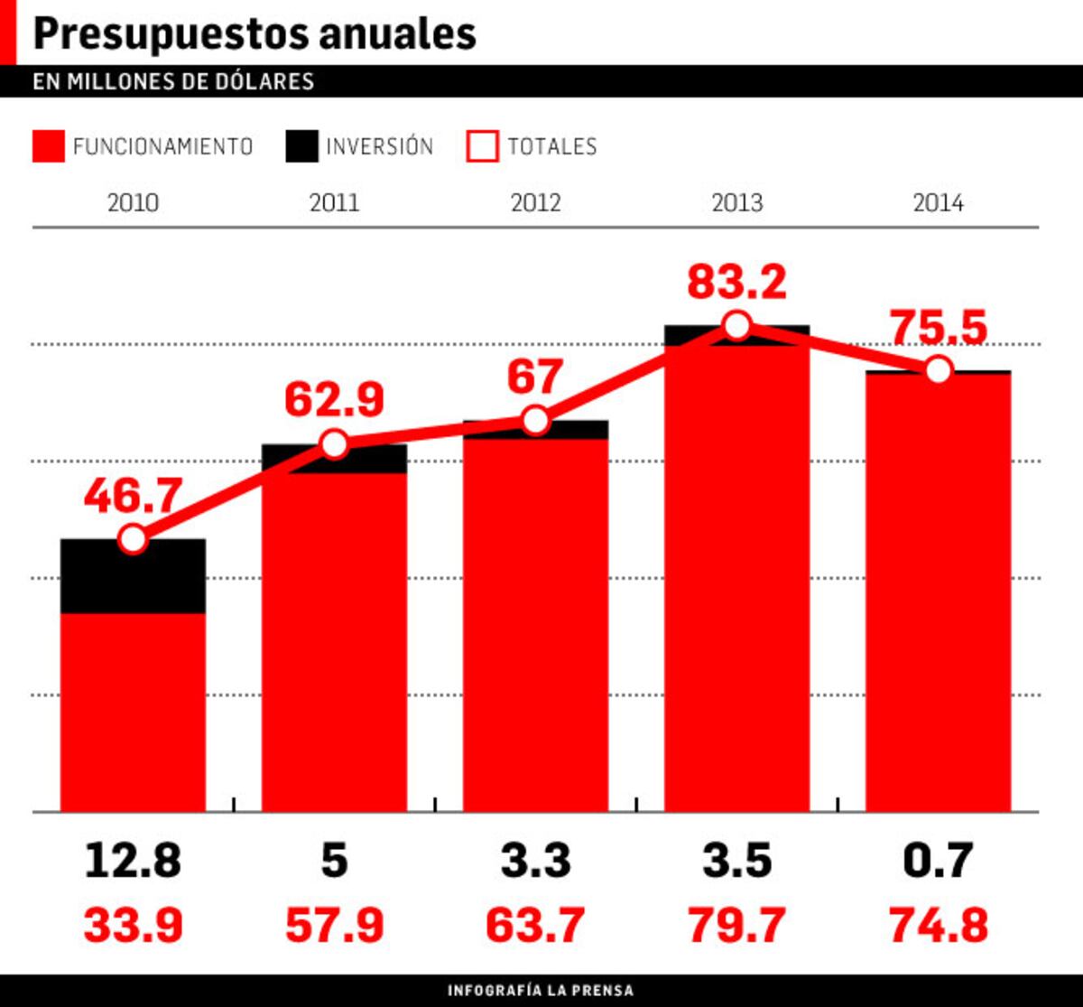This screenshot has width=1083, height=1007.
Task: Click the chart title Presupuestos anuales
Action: (254, 34)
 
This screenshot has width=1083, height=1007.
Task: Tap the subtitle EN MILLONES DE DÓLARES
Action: (173, 81)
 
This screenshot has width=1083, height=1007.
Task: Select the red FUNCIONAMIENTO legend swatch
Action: (48, 146)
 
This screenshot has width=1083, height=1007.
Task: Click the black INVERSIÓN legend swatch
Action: (301, 146)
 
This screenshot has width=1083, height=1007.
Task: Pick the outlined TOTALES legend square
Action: (482, 146)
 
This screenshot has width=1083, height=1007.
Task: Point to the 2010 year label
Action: (133, 202)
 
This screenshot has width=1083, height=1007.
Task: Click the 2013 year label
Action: (736, 202)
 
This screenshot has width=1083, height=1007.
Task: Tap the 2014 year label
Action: (938, 202)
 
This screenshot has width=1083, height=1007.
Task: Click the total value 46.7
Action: (133, 497)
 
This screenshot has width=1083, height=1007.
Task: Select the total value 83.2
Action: (736, 282)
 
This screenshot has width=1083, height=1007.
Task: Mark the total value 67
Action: (535, 378)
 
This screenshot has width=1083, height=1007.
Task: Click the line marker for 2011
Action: (334, 444)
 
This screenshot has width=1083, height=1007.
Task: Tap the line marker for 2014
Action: (939, 370)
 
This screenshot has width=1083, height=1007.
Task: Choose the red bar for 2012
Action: (535, 623)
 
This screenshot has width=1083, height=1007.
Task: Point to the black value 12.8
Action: (133, 860)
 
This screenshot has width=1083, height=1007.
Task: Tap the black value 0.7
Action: (938, 860)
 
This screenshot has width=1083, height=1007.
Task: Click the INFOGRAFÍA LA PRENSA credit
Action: (541, 991)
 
